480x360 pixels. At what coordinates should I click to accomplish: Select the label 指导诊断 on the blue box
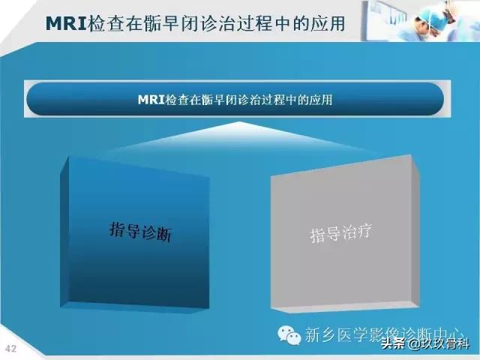pos(141,230)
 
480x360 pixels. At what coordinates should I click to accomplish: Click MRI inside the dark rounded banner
pos(152,99)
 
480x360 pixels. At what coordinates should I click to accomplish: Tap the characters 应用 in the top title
pos(328,23)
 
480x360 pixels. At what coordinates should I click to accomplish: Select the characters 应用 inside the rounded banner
pos(322,99)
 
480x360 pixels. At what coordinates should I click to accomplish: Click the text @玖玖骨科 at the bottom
pos(439,345)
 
